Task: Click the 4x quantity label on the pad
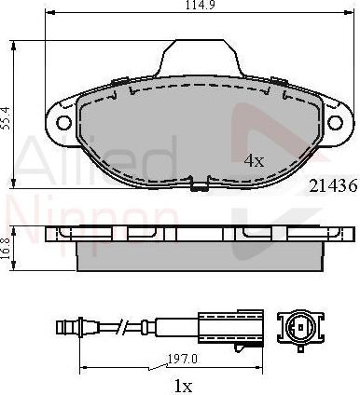click(x=254, y=161)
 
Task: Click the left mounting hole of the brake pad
click(x=64, y=121)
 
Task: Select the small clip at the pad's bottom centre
click(x=197, y=186)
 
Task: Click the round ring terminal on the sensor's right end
click(x=300, y=327)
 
